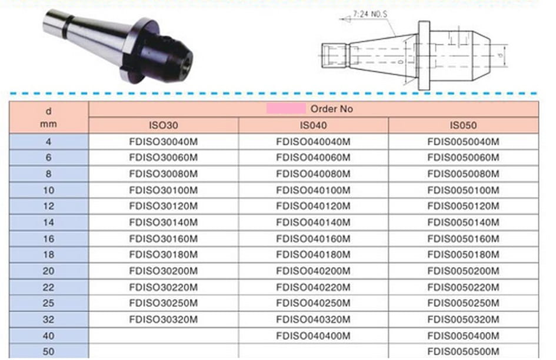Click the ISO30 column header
[x=164, y=125]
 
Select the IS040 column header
[x=314, y=125]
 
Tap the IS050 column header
[x=463, y=125]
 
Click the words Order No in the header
[x=332, y=109]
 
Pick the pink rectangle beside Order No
[x=286, y=109]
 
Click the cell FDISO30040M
[x=164, y=142]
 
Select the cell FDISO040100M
[x=314, y=191]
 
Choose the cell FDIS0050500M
[x=463, y=352]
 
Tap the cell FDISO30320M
[x=164, y=319]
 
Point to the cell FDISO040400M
[x=314, y=336]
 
